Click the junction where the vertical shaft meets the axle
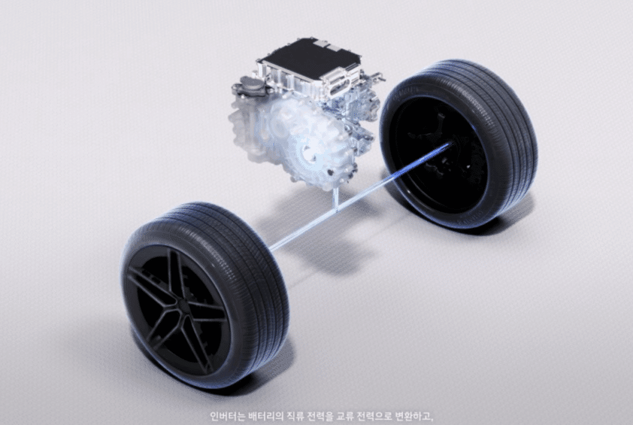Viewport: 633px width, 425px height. (336, 209)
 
